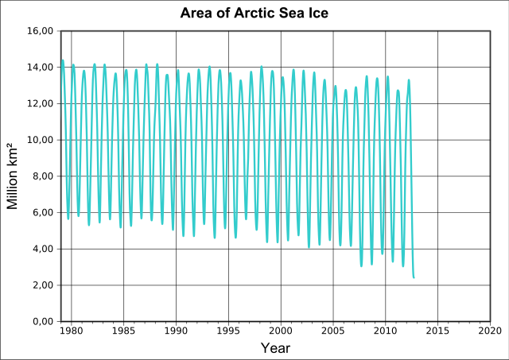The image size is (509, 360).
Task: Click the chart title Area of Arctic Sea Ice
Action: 254,14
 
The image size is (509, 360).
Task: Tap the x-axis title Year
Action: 275,348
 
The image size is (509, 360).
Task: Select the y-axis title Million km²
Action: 13,176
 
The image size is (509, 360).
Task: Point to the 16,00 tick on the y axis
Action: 39,31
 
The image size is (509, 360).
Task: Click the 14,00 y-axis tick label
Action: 39,68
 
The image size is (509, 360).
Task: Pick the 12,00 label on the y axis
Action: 39,103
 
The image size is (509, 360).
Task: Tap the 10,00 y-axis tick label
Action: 39,140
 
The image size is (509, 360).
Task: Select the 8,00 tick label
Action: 41,176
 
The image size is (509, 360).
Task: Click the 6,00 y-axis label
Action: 41,212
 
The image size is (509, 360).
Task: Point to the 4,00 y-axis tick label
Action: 41,249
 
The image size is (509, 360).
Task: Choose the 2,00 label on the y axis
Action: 41,285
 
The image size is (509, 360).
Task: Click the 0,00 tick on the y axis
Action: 41,321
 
